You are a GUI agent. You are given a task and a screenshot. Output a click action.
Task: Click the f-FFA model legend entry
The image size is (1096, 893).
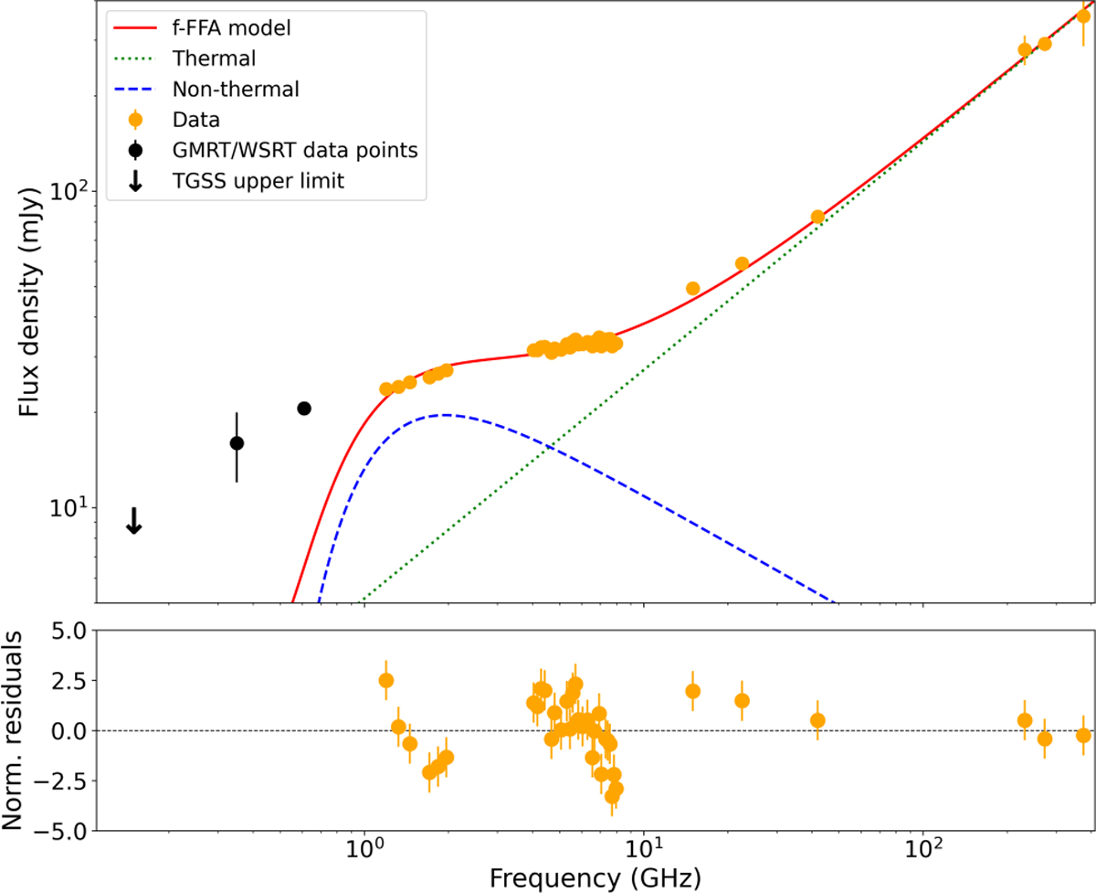(231, 27)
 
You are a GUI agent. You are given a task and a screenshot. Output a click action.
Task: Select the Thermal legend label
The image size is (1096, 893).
(213, 58)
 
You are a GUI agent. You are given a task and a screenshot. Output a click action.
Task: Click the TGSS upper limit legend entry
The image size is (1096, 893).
(257, 181)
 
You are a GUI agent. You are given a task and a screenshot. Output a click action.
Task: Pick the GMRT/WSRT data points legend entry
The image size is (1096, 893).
(294, 150)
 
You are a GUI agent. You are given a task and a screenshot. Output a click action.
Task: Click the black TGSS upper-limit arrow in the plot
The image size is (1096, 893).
(134, 521)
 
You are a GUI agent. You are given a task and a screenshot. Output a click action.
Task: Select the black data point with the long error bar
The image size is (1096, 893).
(237, 443)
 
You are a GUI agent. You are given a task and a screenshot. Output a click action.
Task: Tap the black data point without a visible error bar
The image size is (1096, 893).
(304, 408)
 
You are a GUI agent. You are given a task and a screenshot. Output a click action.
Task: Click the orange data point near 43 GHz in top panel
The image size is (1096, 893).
(817, 217)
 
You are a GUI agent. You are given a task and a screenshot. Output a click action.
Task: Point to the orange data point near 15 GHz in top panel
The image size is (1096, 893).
(692, 288)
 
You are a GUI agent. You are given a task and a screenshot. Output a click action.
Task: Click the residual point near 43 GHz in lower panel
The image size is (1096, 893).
(817, 720)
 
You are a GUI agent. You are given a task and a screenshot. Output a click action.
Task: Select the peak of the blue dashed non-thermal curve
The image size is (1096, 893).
(444, 415)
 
